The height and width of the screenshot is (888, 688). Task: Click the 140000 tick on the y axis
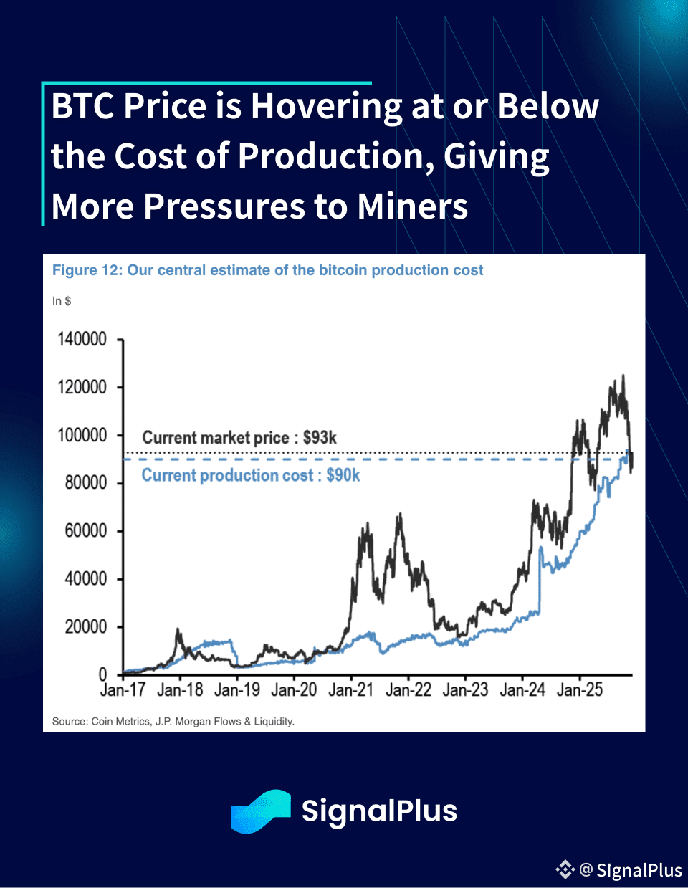(82, 339)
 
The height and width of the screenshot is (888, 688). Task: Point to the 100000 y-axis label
(82, 435)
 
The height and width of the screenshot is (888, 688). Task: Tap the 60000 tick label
(86, 530)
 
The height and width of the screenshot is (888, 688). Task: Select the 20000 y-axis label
(86, 626)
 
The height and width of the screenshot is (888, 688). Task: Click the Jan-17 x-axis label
(123, 690)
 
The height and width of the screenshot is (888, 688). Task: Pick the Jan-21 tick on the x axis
(351, 690)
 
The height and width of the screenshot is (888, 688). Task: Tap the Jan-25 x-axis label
(580, 690)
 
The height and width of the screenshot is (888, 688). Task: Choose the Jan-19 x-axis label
(236, 690)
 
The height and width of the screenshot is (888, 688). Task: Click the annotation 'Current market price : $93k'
(239, 438)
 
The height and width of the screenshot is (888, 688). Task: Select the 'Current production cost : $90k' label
(251, 475)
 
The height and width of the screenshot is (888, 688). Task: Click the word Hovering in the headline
(327, 106)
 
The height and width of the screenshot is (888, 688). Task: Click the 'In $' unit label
(62, 301)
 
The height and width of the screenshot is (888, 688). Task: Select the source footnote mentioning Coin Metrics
(173, 721)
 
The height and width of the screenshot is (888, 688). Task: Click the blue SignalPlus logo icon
(261, 811)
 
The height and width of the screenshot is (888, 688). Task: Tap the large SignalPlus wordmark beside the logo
(379, 811)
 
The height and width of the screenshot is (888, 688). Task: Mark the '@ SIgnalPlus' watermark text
(631, 870)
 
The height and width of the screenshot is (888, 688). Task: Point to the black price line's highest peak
(623, 376)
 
